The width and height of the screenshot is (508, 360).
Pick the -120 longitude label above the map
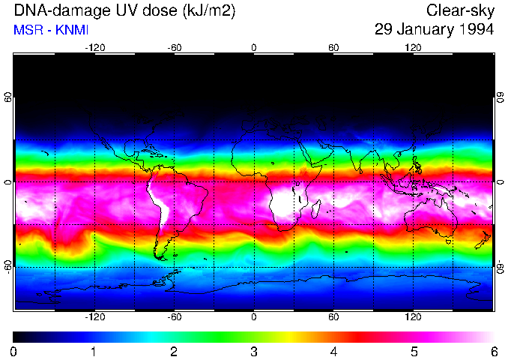click(94, 47)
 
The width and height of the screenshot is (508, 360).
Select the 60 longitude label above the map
click(333, 47)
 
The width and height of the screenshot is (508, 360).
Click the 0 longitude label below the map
click(254, 317)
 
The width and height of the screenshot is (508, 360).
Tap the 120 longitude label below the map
click(413, 317)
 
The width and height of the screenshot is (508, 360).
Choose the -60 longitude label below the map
click(174, 317)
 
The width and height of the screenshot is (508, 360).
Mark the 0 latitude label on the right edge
click(500, 182)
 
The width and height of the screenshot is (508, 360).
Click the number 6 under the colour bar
click(493, 351)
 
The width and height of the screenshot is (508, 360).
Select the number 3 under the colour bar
click(254, 351)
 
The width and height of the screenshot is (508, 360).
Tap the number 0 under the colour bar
click(14, 351)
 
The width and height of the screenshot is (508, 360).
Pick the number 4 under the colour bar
click(333, 351)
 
